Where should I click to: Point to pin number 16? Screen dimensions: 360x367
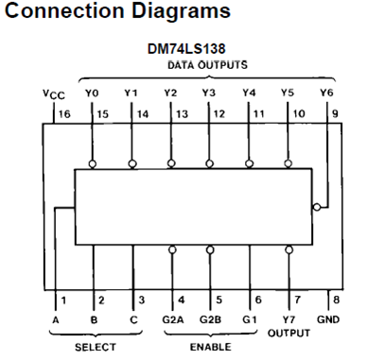click(x=66, y=113)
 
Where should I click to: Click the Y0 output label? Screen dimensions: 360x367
click(x=92, y=94)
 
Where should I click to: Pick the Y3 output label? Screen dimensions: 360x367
click(x=209, y=94)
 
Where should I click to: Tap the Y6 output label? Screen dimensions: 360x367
click(x=328, y=94)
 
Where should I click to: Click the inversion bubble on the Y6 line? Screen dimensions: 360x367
click(x=317, y=208)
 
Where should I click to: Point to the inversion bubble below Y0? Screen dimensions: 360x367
click(x=93, y=163)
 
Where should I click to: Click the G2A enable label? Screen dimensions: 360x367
click(x=172, y=319)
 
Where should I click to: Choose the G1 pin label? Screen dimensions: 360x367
click(x=250, y=319)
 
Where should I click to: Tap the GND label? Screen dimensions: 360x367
click(x=328, y=319)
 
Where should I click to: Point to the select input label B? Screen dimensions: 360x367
click(x=93, y=319)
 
